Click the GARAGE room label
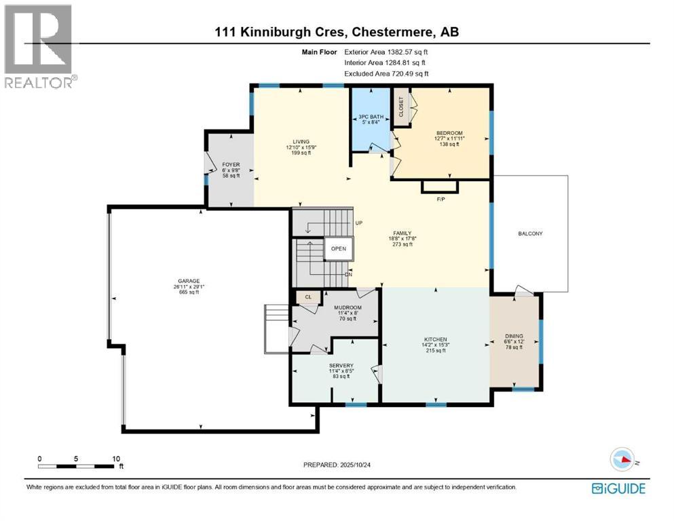tap(185, 281)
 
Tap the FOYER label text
tap(231, 165)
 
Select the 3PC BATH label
tap(371, 117)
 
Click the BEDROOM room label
tap(449, 133)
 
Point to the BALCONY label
tap(529, 233)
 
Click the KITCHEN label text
tap(436, 340)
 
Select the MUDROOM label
tap(348, 307)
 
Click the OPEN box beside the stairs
tap(339, 248)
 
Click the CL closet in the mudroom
tap(307, 296)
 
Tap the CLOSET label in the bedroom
tap(401, 107)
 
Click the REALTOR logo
tap(39, 45)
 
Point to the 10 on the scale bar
tap(116, 458)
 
